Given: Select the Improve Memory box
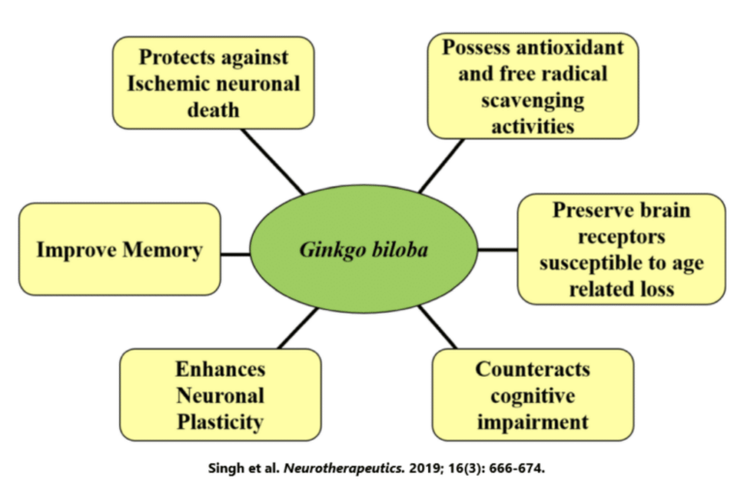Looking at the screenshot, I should (119, 250).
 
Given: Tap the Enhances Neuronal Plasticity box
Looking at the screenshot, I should (220, 395).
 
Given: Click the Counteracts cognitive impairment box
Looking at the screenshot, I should (532, 395).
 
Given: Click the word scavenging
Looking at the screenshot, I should (533, 101).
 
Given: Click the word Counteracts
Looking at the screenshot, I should (532, 369).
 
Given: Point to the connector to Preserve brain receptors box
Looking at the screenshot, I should (498, 250).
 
